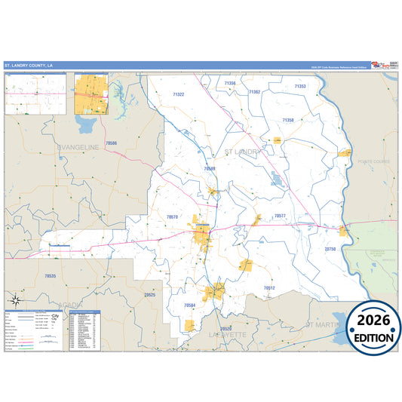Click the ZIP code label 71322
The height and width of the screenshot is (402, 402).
point(178,95)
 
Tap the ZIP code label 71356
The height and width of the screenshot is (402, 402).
point(230,83)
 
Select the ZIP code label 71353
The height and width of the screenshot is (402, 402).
point(300,87)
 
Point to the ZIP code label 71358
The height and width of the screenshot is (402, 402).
point(287,120)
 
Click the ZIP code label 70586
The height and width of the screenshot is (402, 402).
point(112,143)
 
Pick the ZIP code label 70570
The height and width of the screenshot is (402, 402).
point(172,217)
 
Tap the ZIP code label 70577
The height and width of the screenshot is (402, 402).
point(280,216)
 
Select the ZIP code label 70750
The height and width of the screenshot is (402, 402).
point(330,249)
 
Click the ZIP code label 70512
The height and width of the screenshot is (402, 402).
point(269,288)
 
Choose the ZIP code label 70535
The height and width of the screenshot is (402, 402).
point(50,277)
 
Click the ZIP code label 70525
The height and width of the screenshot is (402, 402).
point(149,295)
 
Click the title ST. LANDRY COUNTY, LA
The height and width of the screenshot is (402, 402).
point(31,66)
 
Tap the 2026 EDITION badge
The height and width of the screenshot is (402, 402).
point(374,326)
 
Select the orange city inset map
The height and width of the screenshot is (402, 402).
point(91,94)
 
